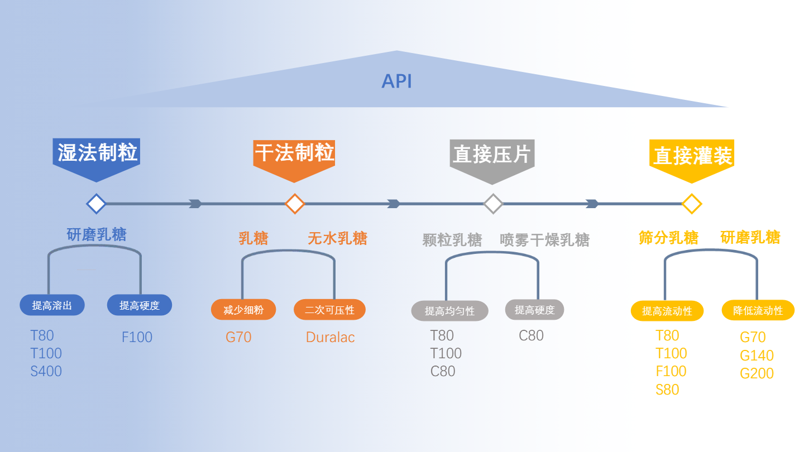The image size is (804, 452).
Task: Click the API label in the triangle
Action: click(x=396, y=81)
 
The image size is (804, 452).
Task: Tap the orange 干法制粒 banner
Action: click(x=294, y=155)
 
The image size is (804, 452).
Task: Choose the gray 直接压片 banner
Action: click(x=492, y=156)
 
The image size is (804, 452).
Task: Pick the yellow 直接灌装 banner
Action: click(x=692, y=157)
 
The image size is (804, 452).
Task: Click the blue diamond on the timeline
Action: click(x=97, y=204)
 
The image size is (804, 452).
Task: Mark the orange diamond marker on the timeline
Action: click(x=295, y=204)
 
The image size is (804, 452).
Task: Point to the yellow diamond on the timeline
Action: click(x=692, y=204)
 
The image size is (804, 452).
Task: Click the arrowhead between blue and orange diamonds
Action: click(x=195, y=204)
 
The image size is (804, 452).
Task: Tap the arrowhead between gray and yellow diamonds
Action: click(x=592, y=204)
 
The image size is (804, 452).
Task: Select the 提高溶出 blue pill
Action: click(x=52, y=305)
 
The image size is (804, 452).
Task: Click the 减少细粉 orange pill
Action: click(x=243, y=310)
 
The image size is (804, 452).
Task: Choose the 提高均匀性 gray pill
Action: click(x=449, y=311)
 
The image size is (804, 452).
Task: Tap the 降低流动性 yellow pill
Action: click(x=758, y=311)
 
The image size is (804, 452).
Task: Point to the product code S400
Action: click(x=46, y=371)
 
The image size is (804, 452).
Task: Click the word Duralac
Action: click(x=330, y=338)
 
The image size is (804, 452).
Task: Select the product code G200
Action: click(x=757, y=373)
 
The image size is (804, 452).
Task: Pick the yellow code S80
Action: click(x=667, y=390)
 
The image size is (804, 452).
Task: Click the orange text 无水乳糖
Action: click(x=337, y=239)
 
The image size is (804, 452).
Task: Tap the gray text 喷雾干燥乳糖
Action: click(x=544, y=240)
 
